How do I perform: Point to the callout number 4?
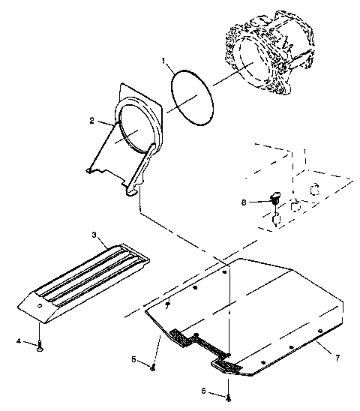click(19, 342)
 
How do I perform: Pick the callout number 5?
click(135, 360)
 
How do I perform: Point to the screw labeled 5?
click(153, 366)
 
